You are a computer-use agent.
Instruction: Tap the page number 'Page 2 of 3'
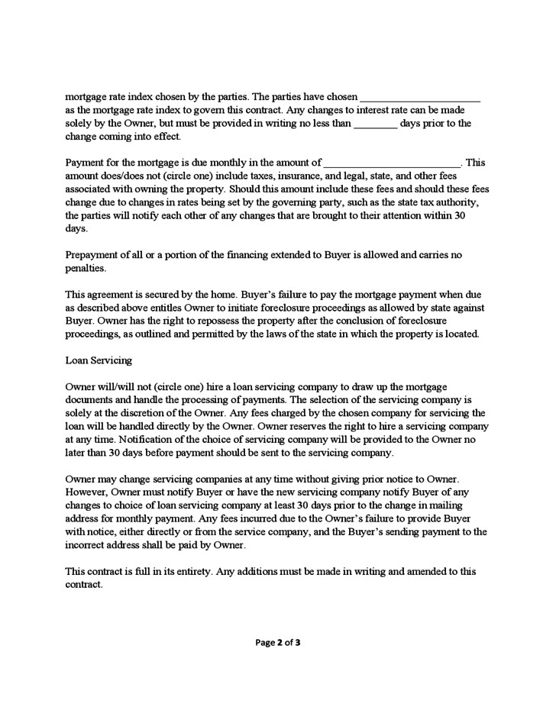pos(278,642)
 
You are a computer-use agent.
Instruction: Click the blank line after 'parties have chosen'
pos(419,98)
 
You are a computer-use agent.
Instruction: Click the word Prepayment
pos(95,254)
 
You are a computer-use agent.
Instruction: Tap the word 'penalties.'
pos(86,269)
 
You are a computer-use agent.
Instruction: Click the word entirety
pos(212,571)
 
